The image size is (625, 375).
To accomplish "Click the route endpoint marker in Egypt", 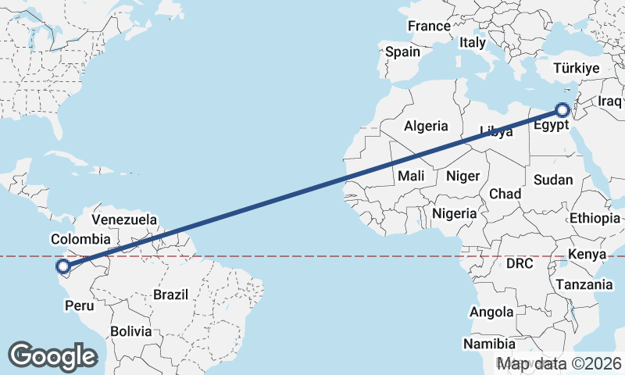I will click(x=562, y=110).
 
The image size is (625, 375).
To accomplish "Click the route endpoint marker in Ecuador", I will click(x=63, y=267).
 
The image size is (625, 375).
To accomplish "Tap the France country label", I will click(x=429, y=26).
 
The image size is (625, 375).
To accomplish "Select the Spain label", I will click(x=402, y=52).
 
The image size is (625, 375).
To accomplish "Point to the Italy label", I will click(x=473, y=43).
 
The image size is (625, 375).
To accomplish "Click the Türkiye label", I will click(x=576, y=69).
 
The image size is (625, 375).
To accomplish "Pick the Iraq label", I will click(x=609, y=102).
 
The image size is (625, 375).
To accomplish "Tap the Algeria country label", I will click(x=426, y=126).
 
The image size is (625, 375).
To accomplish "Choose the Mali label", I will click(x=411, y=176).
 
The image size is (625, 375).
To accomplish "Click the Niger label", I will click(x=462, y=176).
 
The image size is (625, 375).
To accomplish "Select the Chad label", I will click(x=505, y=194).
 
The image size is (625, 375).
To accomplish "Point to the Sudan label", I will click(x=553, y=180).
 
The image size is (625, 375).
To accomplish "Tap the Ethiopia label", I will click(x=595, y=218).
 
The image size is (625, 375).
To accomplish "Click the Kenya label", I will click(x=587, y=255).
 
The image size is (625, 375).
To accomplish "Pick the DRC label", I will click(x=519, y=264).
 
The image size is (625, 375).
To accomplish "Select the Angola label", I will click(x=491, y=312).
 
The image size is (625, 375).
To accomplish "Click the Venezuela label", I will click(x=124, y=220).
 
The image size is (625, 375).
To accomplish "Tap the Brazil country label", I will click(x=171, y=295).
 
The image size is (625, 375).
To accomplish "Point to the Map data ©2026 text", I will click(x=560, y=363).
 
